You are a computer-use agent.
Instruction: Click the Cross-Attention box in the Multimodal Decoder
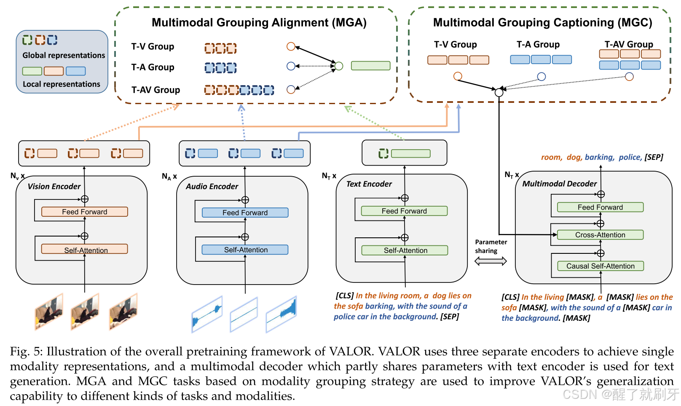(x=600, y=235)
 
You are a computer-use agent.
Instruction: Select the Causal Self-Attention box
(x=600, y=266)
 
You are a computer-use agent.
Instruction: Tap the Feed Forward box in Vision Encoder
(x=84, y=212)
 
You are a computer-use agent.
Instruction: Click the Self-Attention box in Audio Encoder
(x=245, y=250)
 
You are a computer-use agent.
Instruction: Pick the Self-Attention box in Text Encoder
(x=405, y=250)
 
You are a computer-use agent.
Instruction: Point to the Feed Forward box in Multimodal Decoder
(x=600, y=207)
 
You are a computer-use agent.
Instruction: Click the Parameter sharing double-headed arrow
(x=491, y=261)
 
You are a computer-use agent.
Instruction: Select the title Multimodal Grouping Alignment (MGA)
(x=259, y=22)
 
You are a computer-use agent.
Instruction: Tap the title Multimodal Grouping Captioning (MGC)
(x=542, y=22)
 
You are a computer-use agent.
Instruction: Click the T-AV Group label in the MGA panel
(x=156, y=90)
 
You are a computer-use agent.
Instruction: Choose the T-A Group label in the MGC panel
(x=538, y=44)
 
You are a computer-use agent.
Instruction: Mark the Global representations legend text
(x=64, y=55)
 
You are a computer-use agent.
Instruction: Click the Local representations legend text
(x=62, y=84)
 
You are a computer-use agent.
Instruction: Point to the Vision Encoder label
(x=54, y=186)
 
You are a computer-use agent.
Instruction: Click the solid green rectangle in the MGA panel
(x=370, y=66)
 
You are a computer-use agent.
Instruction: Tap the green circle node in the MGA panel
(x=339, y=66)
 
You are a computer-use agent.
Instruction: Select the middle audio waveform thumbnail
(x=244, y=315)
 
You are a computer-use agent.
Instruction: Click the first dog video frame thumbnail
(x=49, y=312)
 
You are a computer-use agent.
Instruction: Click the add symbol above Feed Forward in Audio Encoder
(x=245, y=200)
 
